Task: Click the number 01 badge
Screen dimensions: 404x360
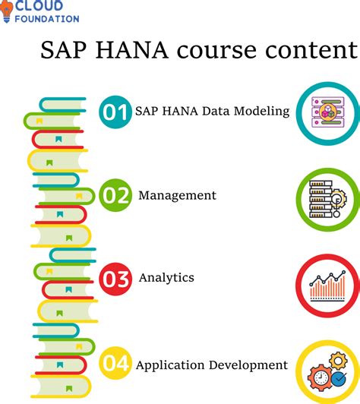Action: (x=115, y=112)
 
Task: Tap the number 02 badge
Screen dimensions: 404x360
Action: (x=115, y=196)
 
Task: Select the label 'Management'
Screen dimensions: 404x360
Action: (x=177, y=196)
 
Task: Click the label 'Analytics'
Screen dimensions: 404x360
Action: (x=166, y=278)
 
